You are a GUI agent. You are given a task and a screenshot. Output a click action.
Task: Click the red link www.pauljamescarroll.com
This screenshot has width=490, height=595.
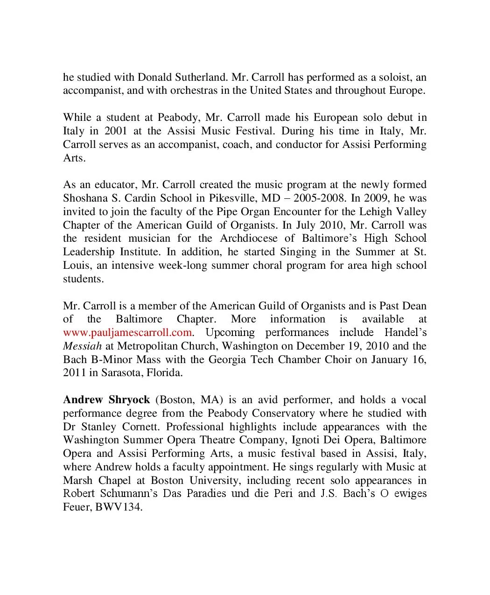coord(127,333)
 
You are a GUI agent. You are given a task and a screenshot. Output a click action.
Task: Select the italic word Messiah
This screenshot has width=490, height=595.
coord(82,346)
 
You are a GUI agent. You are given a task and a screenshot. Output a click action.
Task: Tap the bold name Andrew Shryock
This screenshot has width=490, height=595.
coord(106,400)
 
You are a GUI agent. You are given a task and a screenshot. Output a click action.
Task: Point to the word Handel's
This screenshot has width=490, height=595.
coord(405,333)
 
